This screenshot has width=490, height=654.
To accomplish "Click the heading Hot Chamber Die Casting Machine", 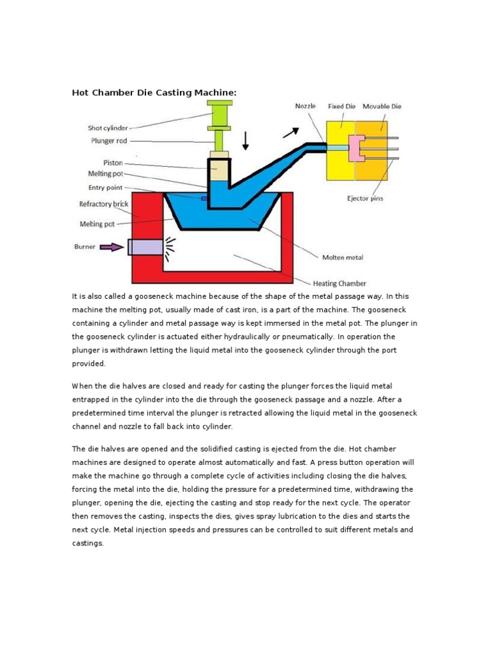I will point(154,93).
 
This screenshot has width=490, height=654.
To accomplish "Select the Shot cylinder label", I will point(108,128).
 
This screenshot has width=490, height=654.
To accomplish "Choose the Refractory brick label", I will point(103,204).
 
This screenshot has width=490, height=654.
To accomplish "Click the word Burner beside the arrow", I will point(86,246).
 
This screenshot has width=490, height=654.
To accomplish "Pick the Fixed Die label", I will point(341,106).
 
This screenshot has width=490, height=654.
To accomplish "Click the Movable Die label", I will point(382,106).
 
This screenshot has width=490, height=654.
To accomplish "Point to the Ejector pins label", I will point(366,199).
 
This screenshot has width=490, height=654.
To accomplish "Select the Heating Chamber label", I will point(339,282).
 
